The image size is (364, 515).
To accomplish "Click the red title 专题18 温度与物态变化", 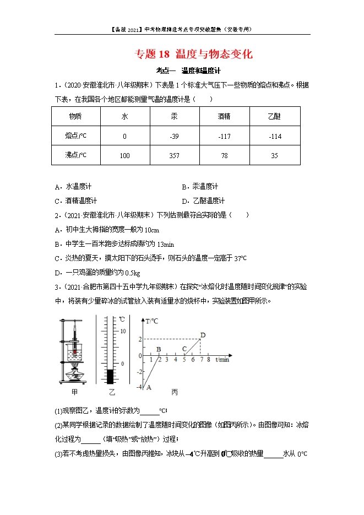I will [194, 54].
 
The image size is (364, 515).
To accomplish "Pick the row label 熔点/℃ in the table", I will [75, 136].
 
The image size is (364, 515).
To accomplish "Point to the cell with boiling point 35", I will [275, 155].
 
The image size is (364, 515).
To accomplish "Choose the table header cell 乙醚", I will [274, 116].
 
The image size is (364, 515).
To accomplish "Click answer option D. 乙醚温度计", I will [203, 201].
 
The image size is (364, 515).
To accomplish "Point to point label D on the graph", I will [203, 335].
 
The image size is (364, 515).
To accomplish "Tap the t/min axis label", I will [222, 360].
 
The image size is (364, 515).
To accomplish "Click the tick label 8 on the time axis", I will [209, 360].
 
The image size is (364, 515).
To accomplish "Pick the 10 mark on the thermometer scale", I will [123, 330].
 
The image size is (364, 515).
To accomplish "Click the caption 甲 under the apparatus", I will [75, 392].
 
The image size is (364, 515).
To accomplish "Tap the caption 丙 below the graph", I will [175, 392].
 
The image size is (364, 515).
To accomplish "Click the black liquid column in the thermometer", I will [110, 376].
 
